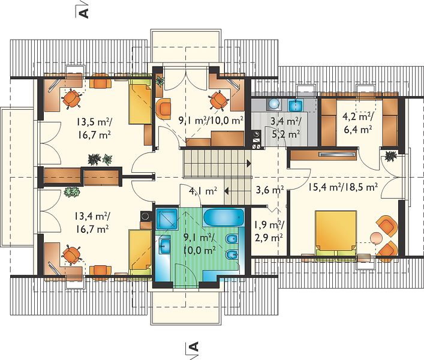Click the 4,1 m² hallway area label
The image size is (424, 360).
[203, 191]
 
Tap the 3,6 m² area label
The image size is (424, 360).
[270, 190]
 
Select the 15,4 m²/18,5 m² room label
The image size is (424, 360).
[343, 187]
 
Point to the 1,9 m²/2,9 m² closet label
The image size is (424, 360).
[268, 231]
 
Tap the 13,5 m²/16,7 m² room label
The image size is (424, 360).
[94, 128]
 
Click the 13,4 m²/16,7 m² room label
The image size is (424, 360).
[92, 223]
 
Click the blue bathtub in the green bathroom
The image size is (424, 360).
[223, 217]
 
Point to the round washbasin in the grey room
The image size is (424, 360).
[273, 104]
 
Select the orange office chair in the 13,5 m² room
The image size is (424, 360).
[72, 99]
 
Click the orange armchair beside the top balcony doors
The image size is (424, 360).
[164, 109]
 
